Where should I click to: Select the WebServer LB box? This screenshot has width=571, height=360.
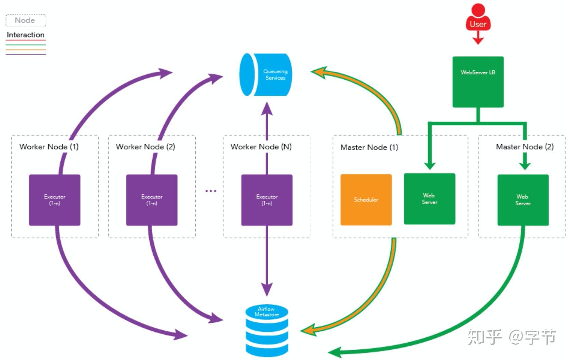tap(478, 82)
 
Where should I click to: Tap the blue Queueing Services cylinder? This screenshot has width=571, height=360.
tap(266, 74)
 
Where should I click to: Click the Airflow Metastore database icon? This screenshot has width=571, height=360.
tap(267, 330)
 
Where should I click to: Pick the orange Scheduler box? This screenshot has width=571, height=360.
tap(366, 200)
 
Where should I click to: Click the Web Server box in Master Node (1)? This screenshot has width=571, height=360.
tap(429, 199)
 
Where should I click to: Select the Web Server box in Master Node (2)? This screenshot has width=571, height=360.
tap(523, 200)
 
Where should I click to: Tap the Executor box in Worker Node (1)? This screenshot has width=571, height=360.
tap(55, 200)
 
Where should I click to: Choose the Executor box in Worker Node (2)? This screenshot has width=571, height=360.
tap(152, 200)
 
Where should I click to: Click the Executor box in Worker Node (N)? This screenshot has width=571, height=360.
tap(267, 200)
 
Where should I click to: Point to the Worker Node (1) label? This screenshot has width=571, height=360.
tap(49, 147)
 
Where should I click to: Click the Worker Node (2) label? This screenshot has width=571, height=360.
tap(145, 147)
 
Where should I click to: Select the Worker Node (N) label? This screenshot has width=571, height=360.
tap(261, 147)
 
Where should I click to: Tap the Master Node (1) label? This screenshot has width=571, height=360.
tap(369, 148)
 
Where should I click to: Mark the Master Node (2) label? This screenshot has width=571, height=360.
tap(525, 147)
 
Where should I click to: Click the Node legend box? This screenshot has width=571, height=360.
tap(26, 20)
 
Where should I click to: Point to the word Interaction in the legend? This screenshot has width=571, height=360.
tap(26, 35)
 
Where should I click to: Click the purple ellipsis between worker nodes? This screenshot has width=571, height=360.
tap(211, 191)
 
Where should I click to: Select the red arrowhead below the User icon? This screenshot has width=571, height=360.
tap(478, 40)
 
